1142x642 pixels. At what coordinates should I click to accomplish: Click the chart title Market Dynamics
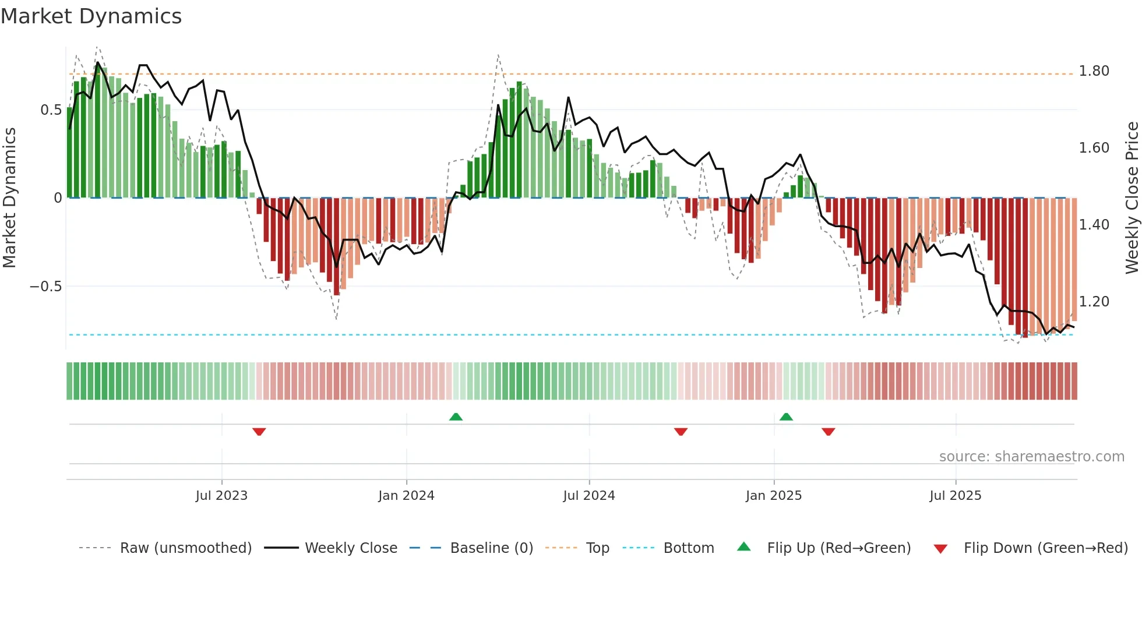pyautogui.click(x=91, y=16)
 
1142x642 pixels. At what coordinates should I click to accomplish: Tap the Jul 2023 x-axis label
pyautogui.click(x=221, y=496)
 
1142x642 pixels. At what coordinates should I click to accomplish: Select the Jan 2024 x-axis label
pyautogui.click(x=406, y=496)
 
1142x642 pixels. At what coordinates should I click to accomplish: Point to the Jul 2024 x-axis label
pyautogui.click(x=589, y=496)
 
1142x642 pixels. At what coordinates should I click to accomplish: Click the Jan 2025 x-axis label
pyautogui.click(x=774, y=496)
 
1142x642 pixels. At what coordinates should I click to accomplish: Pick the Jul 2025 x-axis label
pyautogui.click(x=956, y=496)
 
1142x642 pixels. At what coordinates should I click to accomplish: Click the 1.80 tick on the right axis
pyautogui.click(x=1094, y=71)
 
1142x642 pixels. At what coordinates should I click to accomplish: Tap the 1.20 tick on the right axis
pyautogui.click(x=1094, y=302)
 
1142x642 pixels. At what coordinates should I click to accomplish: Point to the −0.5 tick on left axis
pyautogui.click(x=45, y=287)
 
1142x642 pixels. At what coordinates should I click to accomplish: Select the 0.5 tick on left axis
pyautogui.click(x=51, y=110)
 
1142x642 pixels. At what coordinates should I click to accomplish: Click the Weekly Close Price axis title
pyautogui.click(x=1132, y=197)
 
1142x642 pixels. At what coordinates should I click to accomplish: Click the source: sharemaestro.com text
pyautogui.click(x=1031, y=457)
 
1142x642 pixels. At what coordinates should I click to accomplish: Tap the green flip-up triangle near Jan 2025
pyautogui.click(x=786, y=417)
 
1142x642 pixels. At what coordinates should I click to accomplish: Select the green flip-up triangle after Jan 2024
pyautogui.click(x=456, y=417)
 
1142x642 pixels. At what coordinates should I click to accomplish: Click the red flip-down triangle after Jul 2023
pyautogui.click(x=259, y=432)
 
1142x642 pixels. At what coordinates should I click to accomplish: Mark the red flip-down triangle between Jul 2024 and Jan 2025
pyautogui.click(x=681, y=432)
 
